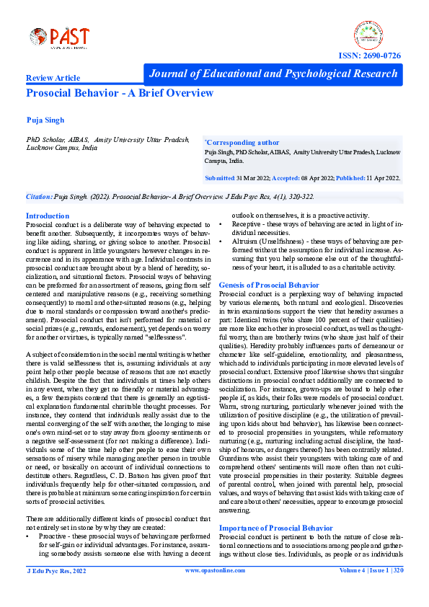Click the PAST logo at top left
(x=59, y=37)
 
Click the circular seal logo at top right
(x=370, y=36)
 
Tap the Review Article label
(x=53, y=77)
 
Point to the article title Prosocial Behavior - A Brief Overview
(x=120, y=93)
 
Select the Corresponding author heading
(x=242, y=143)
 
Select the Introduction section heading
(x=48, y=216)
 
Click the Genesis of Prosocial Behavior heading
(x=268, y=285)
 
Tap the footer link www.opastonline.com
(x=213, y=590)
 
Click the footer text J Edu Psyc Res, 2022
(x=56, y=590)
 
